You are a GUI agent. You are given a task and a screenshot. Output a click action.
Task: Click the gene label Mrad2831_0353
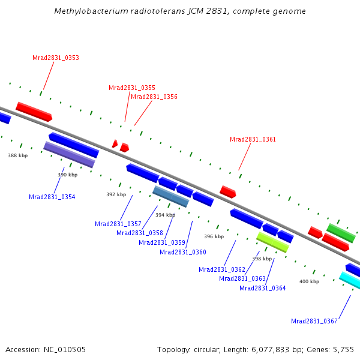[56, 58]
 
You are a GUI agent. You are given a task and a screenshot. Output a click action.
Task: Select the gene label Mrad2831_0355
[132, 88]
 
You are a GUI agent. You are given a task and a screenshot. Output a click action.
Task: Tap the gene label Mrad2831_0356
[154, 97]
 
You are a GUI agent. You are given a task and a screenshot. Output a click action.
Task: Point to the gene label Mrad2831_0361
[253, 139]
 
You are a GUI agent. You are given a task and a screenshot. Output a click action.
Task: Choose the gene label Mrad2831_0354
[52, 197]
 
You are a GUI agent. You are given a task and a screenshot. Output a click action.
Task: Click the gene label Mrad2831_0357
[118, 224]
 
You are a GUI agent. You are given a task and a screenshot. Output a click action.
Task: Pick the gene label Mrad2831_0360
[183, 252]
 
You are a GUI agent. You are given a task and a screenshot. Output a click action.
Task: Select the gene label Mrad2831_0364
[263, 288]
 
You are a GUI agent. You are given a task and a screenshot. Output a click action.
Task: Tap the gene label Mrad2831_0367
[314, 321]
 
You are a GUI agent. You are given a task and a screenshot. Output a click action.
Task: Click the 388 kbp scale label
[18, 155]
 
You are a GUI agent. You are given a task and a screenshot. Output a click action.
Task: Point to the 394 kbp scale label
[166, 214]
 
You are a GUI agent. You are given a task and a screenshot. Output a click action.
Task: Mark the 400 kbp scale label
[310, 281]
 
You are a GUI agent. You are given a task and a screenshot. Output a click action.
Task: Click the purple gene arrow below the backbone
[69, 154]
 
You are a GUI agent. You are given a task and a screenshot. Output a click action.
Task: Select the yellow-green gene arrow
[272, 242]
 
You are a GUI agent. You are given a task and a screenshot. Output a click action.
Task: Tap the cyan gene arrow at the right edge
[350, 280]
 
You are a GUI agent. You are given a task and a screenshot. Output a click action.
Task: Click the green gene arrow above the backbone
[341, 233]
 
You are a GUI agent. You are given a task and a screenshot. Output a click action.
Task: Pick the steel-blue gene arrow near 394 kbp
[171, 196]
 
